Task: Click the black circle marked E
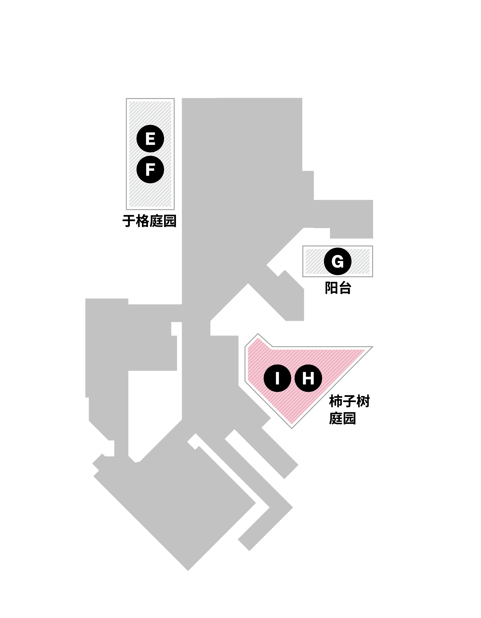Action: [150, 139]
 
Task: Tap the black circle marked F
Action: [150, 170]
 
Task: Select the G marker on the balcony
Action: [338, 261]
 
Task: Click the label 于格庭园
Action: [149, 221]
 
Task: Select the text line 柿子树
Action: [349, 401]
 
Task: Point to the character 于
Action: [129, 221]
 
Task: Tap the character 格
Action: [142, 221]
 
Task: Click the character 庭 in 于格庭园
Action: [156, 221]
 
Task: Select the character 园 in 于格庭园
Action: [170, 221]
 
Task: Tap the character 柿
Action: [336, 401]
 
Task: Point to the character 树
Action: [363, 401]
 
